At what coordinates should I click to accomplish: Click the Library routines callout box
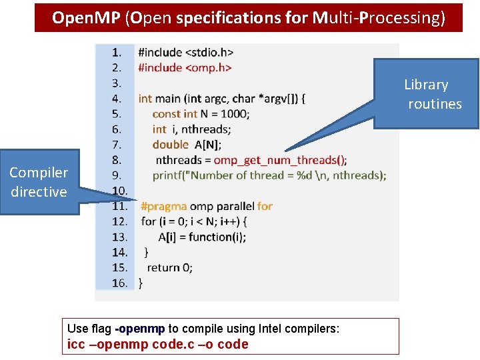(x=427, y=94)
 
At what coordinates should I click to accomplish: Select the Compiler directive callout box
(x=39, y=182)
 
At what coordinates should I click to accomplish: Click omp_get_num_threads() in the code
(x=280, y=160)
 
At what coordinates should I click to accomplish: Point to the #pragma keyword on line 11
(x=163, y=206)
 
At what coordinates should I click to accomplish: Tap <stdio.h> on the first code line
(x=209, y=52)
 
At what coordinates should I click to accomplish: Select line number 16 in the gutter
(x=119, y=283)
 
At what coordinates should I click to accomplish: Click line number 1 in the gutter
(x=117, y=52)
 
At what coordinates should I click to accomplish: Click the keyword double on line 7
(x=170, y=144)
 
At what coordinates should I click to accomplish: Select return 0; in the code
(x=169, y=267)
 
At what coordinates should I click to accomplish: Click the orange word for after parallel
(x=265, y=206)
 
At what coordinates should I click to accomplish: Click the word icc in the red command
(x=76, y=345)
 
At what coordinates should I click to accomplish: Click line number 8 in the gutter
(x=117, y=160)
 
